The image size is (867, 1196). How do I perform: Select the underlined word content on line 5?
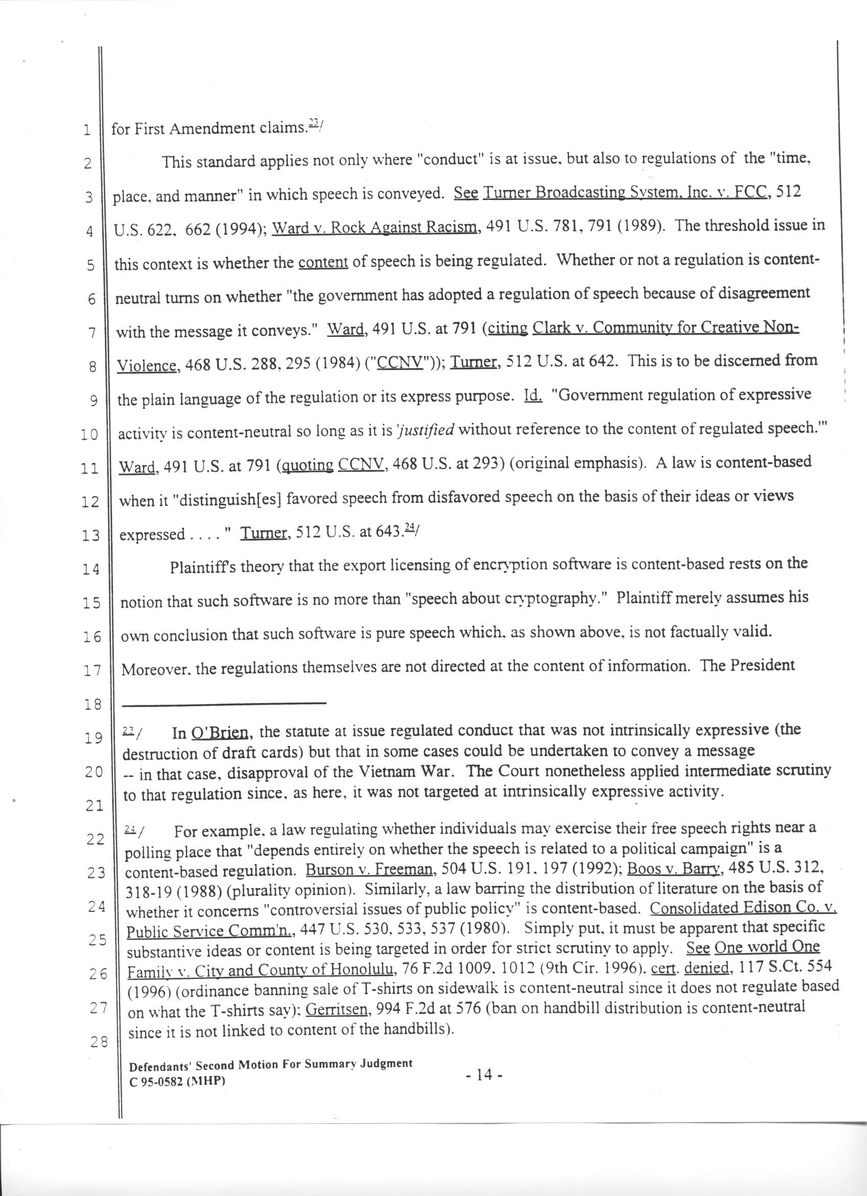(323, 263)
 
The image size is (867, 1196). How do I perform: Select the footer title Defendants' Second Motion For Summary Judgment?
(271, 1065)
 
